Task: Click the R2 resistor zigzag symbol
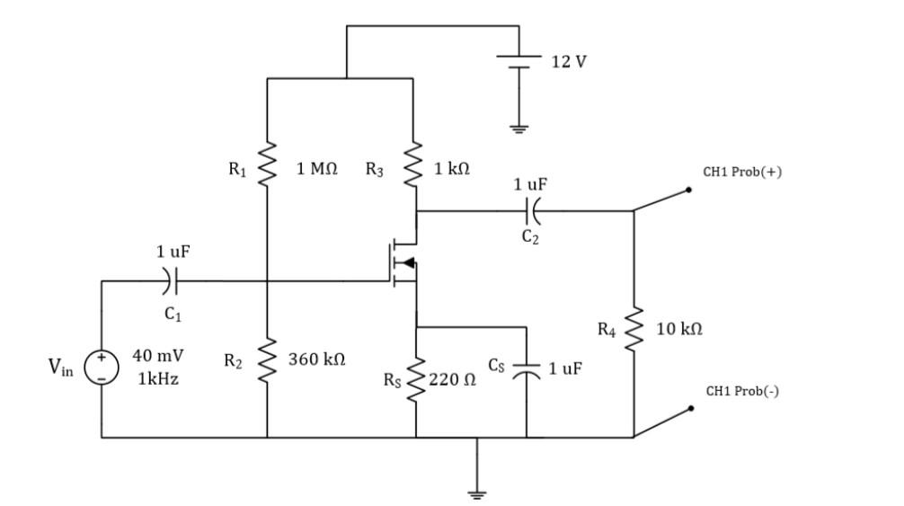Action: click(267, 360)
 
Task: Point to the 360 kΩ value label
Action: click(316, 360)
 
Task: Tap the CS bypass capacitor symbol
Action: click(527, 369)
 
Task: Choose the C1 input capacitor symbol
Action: click(171, 281)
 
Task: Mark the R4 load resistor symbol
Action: click(634, 329)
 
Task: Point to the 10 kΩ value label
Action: click(679, 330)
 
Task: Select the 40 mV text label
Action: click(158, 356)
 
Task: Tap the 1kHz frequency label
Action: click(158, 378)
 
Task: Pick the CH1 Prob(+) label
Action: click(742, 172)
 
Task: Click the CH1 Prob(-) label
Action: click(741, 391)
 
